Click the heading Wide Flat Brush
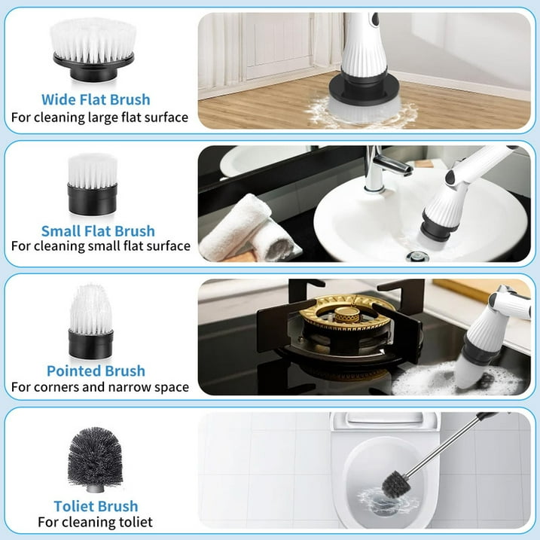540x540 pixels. coord(96,100)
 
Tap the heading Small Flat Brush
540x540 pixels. coord(98,231)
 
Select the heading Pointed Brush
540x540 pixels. coord(96,371)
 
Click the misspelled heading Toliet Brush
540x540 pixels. coord(96,506)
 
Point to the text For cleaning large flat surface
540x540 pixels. coord(100,117)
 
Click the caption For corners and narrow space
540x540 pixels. coord(100,387)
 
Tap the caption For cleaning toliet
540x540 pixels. coord(96,522)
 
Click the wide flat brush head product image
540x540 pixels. coord(93,50)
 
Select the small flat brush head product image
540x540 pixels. coord(93,185)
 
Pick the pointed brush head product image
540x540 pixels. coord(91,322)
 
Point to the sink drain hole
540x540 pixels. coord(417,256)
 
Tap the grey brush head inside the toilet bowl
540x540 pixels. coord(396,484)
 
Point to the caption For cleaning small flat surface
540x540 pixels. coord(101,246)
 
